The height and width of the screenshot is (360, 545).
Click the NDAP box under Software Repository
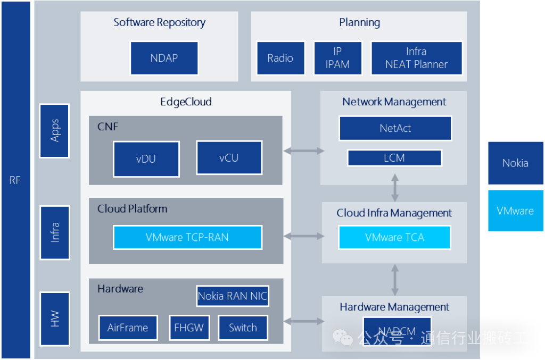[164, 58]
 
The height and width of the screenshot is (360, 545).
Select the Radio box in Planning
[280, 58]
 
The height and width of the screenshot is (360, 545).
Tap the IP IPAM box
[337, 58]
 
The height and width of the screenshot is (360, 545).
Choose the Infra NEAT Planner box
[416, 58]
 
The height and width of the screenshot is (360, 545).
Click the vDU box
[146, 158]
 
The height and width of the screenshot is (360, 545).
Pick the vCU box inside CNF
[229, 157]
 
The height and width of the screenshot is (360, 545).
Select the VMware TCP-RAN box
[187, 237]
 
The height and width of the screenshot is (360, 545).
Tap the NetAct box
[395, 128]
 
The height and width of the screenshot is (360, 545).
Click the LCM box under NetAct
[394, 158]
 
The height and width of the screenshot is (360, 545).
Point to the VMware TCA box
[394, 237]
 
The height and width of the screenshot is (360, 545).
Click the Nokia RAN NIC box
[233, 296]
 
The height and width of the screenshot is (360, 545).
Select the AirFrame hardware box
[128, 328]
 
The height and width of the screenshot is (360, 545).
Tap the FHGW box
[189, 328]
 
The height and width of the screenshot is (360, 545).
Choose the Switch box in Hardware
[243, 328]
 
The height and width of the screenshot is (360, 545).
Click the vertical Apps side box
[54, 130]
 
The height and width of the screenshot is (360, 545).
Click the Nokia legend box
[515, 163]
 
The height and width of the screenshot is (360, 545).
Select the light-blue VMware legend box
[515, 211]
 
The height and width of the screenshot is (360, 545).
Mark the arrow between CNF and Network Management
[303, 151]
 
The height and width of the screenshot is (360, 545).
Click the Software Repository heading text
[159, 22]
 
